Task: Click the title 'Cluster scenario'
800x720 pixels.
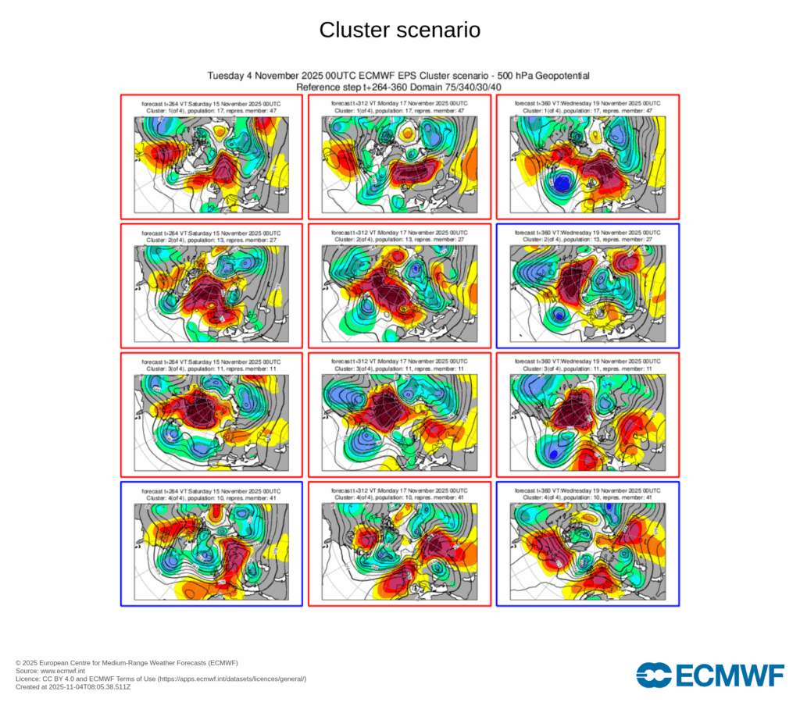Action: pyautogui.click(x=399, y=30)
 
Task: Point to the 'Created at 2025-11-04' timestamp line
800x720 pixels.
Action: pyautogui.click(x=73, y=687)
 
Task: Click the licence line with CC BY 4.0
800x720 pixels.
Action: pyautogui.click(x=160, y=679)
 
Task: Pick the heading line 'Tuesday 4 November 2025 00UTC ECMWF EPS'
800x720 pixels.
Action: pyautogui.click(x=398, y=76)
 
